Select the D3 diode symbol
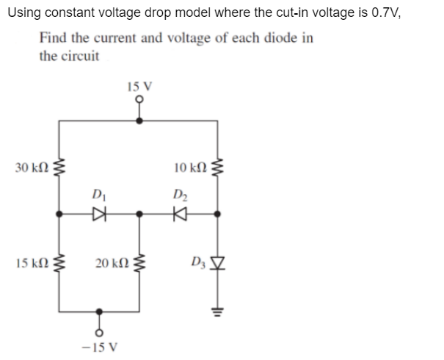[x=216, y=262]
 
